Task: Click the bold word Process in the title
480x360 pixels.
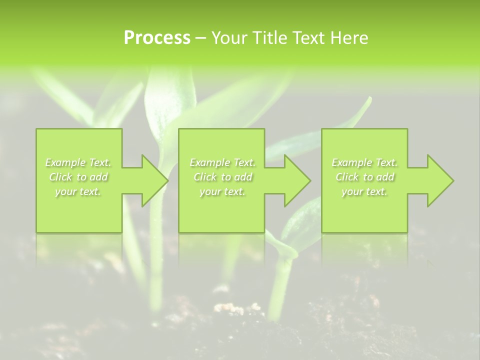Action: [x=157, y=37]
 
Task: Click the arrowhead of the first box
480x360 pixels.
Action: [x=153, y=180]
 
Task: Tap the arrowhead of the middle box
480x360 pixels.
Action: [x=296, y=180]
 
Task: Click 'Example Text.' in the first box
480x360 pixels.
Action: [x=78, y=162]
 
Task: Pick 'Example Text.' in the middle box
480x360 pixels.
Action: [x=222, y=162]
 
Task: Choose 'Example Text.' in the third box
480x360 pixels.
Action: [x=364, y=162]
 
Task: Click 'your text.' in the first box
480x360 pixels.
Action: [x=78, y=191]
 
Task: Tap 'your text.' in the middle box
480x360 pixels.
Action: [x=222, y=191]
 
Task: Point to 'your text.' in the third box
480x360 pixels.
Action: [x=364, y=191]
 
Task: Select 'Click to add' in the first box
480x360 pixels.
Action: [x=78, y=177]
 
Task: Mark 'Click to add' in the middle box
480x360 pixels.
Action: [x=222, y=177]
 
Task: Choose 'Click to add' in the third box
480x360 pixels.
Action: [x=364, y=177]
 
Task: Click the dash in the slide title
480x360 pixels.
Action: [x=201, y=38]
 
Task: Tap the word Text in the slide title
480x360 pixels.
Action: [x=305, y=37]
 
